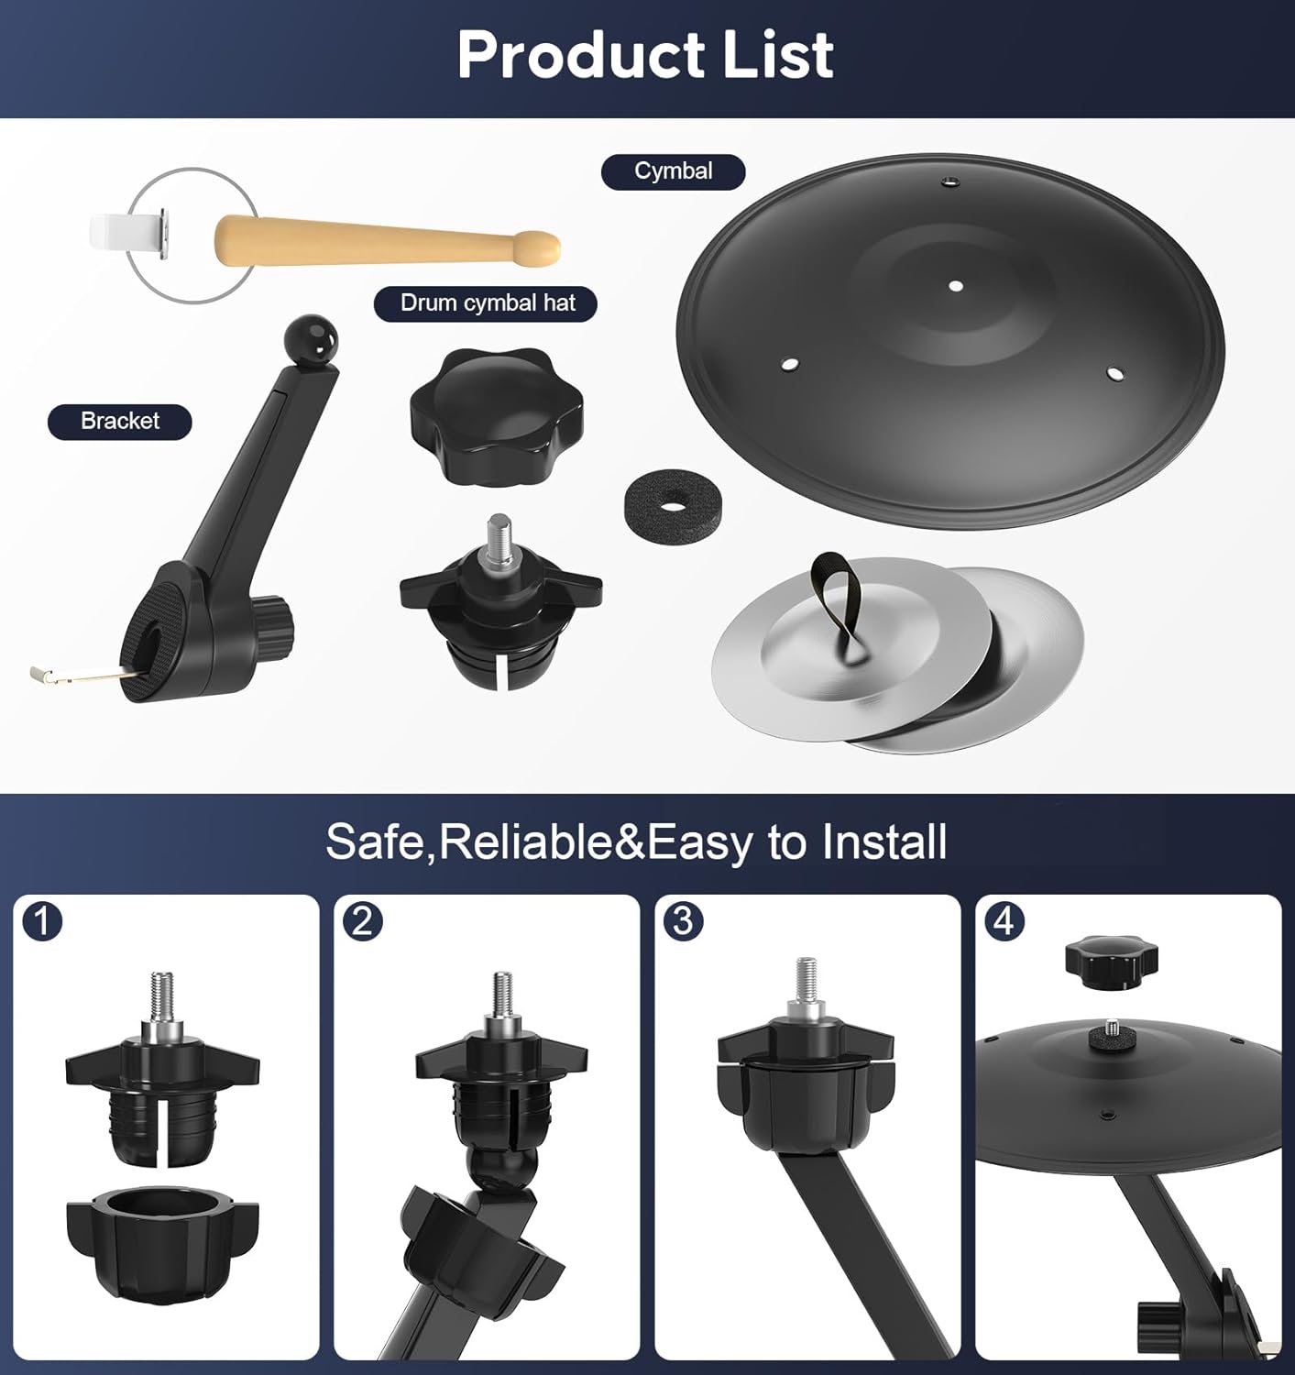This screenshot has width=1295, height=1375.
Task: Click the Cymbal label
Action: [x=673, y=171]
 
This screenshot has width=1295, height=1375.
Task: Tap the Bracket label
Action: [x=120, y=422]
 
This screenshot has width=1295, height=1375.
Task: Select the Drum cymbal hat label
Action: [x=486, y=303]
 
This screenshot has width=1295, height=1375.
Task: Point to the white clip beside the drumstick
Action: [x=128, y=234]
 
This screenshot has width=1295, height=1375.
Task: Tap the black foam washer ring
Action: [x=661, y=503]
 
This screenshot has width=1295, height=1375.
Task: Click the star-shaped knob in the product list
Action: [x=497, y=414]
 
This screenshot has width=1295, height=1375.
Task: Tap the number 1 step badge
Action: [x=42, y=921]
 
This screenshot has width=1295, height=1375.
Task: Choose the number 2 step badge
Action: [x=363, y=921]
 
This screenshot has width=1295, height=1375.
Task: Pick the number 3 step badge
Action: [x=683, y=921]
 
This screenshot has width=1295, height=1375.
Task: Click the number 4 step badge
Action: [x=1004, y=921]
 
